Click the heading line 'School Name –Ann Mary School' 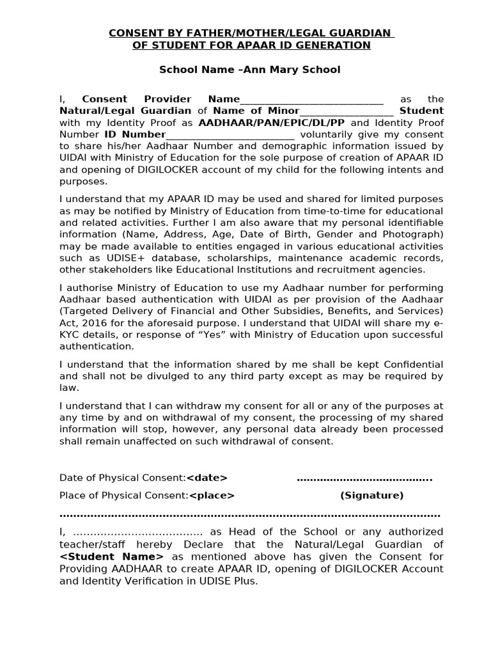(x=249, y=69)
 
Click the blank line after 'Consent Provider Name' (x=311, y=100)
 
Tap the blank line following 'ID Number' (x=230, y=135)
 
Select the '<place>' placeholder (x=212, y=495)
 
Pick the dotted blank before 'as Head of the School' (x=138, y=532)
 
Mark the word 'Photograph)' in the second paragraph (x=415, y=234)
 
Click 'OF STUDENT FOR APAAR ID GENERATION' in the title (x=251, y=45)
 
